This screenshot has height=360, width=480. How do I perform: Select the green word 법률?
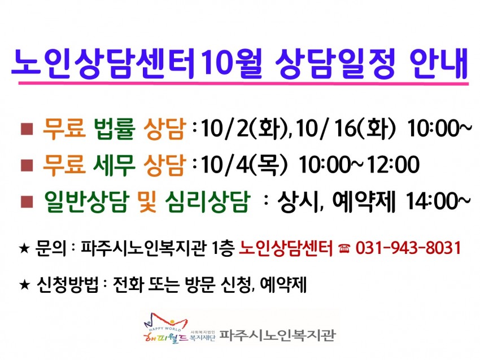tap(115, 129)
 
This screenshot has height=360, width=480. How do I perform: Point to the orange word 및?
tap(147, 201)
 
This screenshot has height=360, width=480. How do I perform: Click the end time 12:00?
tap(393, 165)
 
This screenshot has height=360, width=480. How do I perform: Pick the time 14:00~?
tap(438, 201)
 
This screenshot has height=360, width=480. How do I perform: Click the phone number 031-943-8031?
tap(408, 248)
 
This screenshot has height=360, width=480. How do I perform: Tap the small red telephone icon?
tap(344, 248)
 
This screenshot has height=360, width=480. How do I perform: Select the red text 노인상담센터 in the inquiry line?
tap(285, 248)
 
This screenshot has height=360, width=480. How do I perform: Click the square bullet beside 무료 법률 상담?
tap(27, 129)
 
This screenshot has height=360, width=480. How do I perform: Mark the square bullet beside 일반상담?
tap(27, 202)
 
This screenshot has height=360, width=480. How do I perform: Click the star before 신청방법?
tap(24, 285)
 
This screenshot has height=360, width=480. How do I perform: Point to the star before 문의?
tap(24, 248)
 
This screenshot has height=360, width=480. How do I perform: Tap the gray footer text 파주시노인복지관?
tap(277, 335)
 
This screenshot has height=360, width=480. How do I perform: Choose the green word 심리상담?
tap(208, 201)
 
